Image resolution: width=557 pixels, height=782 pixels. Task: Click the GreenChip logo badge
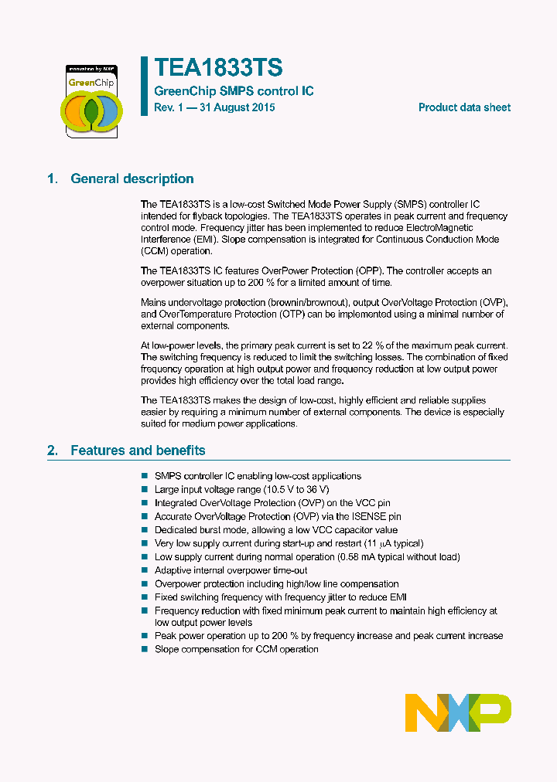pos(91,100)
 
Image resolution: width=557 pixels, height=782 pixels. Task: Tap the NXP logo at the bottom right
pos(458,712)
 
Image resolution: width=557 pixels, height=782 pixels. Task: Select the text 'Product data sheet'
pos(464,107)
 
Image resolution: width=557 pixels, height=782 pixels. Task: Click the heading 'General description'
pos(132,178)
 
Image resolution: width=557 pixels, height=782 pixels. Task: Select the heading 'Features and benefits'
pos(138,450)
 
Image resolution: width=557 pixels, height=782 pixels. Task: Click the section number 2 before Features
pos(52,450)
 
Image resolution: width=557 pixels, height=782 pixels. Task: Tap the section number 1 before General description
pos(52,178)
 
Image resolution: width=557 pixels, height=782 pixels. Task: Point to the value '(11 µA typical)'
pos(394,543)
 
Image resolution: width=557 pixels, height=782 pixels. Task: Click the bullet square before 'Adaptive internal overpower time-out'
pos(145,570)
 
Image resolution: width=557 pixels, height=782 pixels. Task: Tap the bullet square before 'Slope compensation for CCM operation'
pos(145,649)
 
